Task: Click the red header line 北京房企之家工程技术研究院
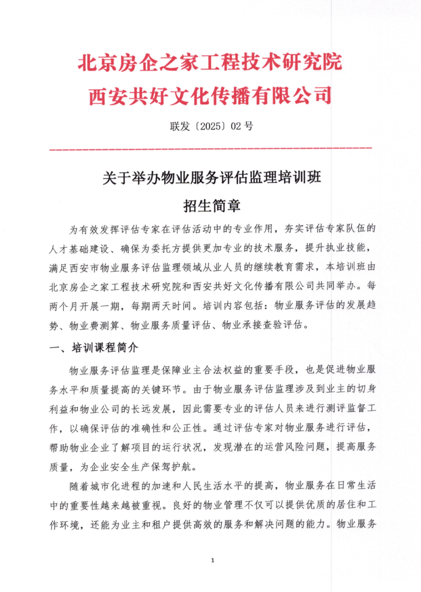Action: pyautogui.click(x=210, y=63)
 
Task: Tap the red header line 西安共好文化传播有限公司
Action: pyautogui.click(x=210, y=96)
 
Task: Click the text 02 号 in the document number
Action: pyautogui.click(x=242, y=126)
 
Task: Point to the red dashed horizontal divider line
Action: pyautogui.click(x=210, y=149)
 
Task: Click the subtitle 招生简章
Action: pyautogui.click(x=212, y=206)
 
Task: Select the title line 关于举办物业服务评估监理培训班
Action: pyautogui.click(x=212, y=178)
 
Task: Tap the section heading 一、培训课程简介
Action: pyautogui.click(x=94, y=348)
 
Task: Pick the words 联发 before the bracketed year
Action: pyautogui.click(x=180, y=126)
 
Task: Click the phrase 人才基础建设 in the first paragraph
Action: pyautogui.click(x=79, y=249)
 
